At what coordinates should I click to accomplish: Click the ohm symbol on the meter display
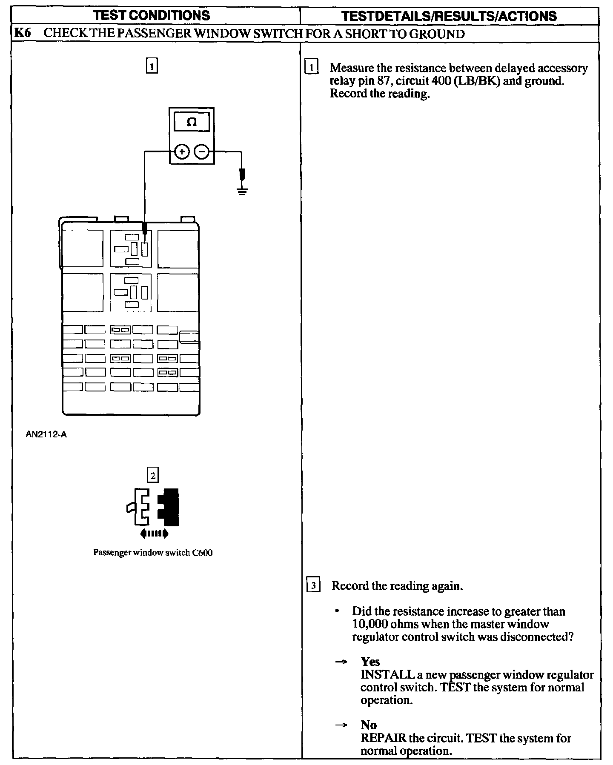[x=192, y=123]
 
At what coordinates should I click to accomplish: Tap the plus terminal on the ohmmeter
[x=182, y=151]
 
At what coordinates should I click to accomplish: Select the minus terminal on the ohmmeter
[x=202, y=151]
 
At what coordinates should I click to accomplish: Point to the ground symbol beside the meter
[x=242, y=190]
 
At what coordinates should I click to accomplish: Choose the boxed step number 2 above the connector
[x=152, y=474]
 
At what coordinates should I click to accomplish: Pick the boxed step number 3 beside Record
[x=313, y=586]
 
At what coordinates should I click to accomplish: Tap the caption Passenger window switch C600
[x=153, y=553]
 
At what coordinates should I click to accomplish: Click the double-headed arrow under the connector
[x=154, y=533]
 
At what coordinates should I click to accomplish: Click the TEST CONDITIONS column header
[x=151, y=16]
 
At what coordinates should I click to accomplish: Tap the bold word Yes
[x=370, y=662]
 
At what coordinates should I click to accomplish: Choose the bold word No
[x=368, y=725]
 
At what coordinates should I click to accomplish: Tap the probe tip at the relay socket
[x=145, y=232]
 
